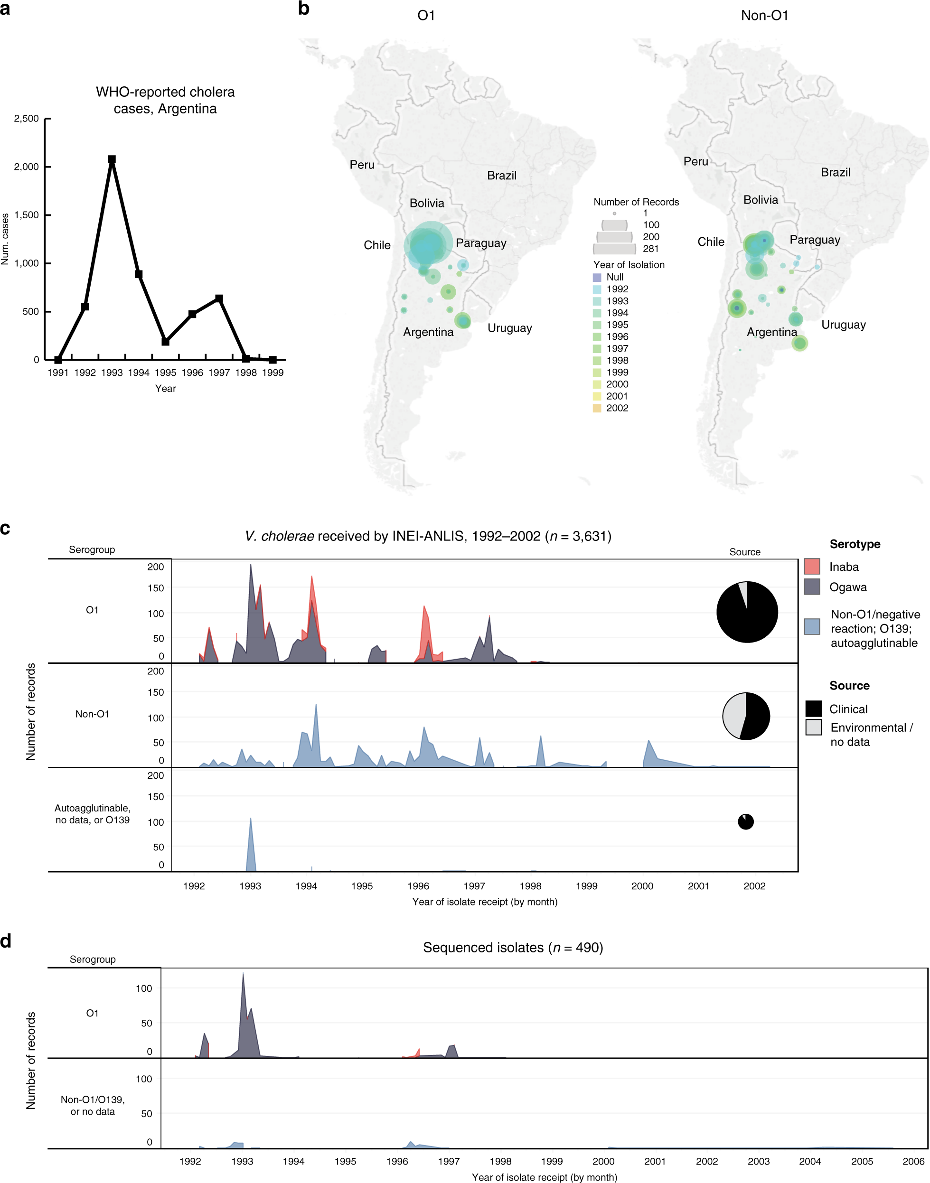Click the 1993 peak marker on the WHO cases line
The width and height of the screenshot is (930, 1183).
click(x=112, y=159)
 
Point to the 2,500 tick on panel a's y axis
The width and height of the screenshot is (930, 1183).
click(x=27, y=119)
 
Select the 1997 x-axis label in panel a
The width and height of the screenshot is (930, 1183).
click(x=219, y=373)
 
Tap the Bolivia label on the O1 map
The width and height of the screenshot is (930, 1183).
click(x=426, y=203)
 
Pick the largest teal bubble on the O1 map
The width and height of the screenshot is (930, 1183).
click(x=428, y=245)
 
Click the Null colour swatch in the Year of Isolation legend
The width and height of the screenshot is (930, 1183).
click(x=597, y=277)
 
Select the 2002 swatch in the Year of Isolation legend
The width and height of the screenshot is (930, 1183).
click(x=597, y=408)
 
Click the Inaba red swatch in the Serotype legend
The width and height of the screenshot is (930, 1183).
click(x=811, y=567)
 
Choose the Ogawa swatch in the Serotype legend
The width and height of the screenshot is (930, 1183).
click(x=811, y=587)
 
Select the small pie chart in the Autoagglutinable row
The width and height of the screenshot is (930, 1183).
click(x=745, y=822)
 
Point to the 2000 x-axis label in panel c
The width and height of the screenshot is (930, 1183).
click(x=642, y=886)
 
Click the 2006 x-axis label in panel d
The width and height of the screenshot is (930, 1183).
click(x=913, y=1161)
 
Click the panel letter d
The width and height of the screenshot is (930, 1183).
click(x=6, y=941)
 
